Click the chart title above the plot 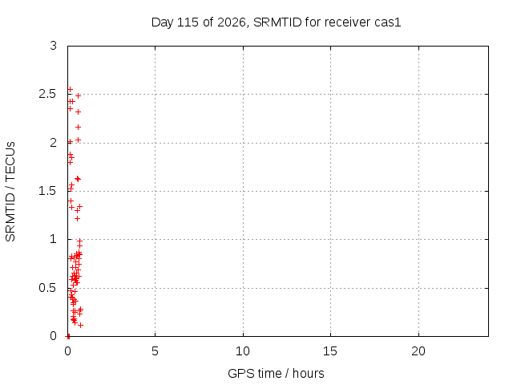pos(276,22)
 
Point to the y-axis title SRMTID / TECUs pos(10,192)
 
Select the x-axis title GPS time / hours pos(276,373)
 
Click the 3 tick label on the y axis pos(54,46)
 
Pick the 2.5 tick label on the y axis pos(48,95)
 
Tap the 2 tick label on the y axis pos(54,143)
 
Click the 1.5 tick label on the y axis pos(48,191)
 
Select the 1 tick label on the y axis pos(54,239)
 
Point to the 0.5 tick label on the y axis pos(48,288)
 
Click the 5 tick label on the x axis pos(155,351)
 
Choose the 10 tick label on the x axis pos(243,351)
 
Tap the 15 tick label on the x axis pos(330,351)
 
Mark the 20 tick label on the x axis pos(418,351)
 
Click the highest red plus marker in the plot pos(70,89)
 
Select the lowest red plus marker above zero pos(80,325)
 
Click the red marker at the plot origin pos(67,336)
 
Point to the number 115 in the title pos(188,22)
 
